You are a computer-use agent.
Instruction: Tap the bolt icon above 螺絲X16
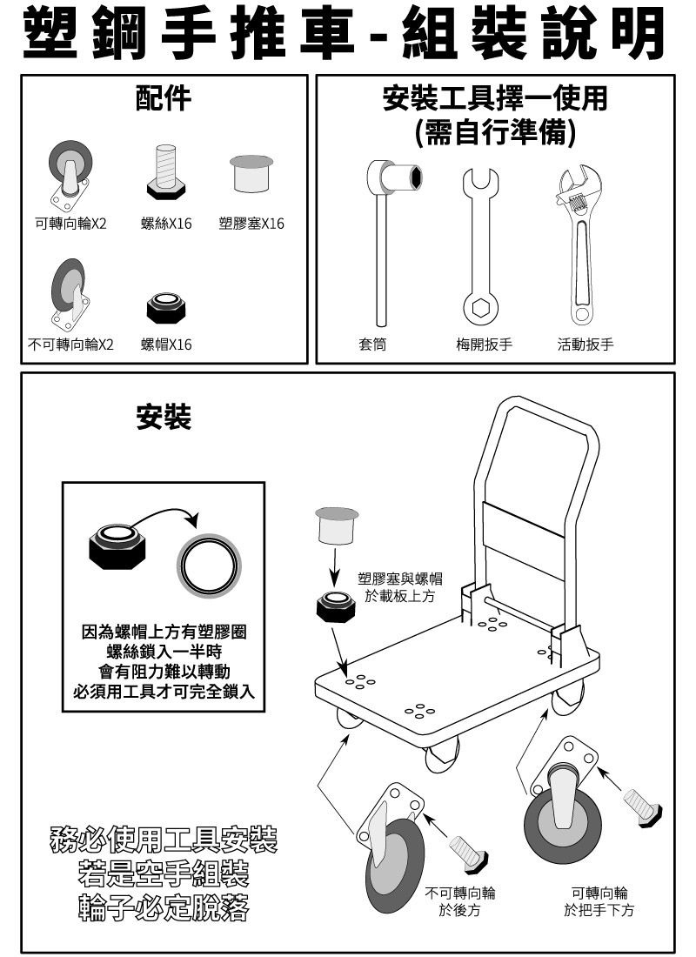click(x=166, y=172)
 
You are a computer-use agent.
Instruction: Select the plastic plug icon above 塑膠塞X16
click(x=251, y=173)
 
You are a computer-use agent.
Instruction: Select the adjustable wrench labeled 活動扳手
click(x=580, y=244)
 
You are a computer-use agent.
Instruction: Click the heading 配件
click(x=163, y=98)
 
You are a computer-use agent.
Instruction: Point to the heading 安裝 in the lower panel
click(x=164, y=418)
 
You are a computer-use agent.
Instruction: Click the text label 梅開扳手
click(x=484, y=345)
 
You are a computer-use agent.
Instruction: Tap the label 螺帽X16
click(x=166, y=345)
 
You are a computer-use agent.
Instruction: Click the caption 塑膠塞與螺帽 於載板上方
click(x=400, y=587)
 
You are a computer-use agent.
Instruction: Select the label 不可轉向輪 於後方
click(x=459, y=901)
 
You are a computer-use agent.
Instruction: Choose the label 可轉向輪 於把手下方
click(x=599, y=901)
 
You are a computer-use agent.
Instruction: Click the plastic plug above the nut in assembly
click(x=337, y=525)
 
